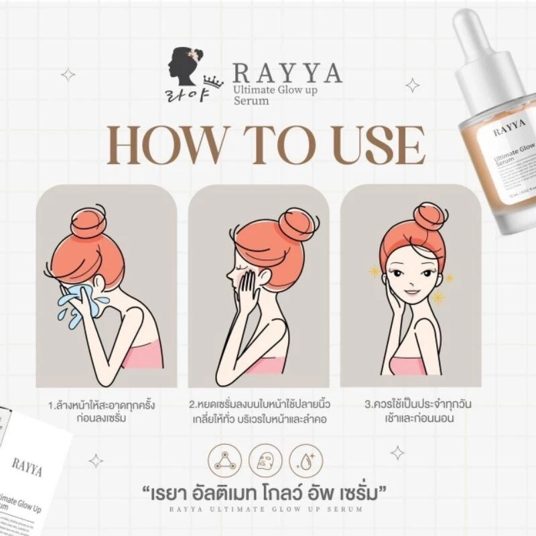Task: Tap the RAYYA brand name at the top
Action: (x=287, y=72)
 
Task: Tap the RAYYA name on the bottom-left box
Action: (x=27, y=467)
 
